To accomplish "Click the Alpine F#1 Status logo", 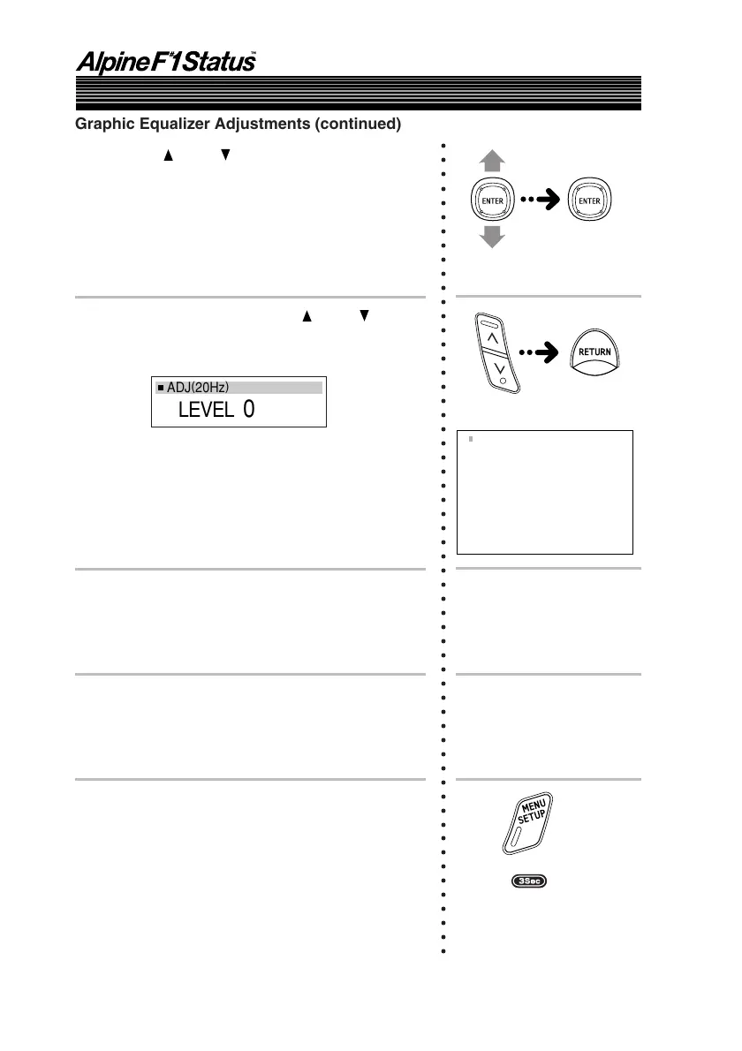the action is pyautogui.click(x=165, y=63).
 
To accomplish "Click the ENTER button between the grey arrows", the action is pyautogui.click(x=493, y=200).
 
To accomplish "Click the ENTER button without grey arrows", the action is pyautogui.click(x=589, y=200).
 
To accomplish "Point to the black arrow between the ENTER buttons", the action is pyautogui.click(x=541, y=200).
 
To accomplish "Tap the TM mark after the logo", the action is pyautogui.click(x=254, y=55).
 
